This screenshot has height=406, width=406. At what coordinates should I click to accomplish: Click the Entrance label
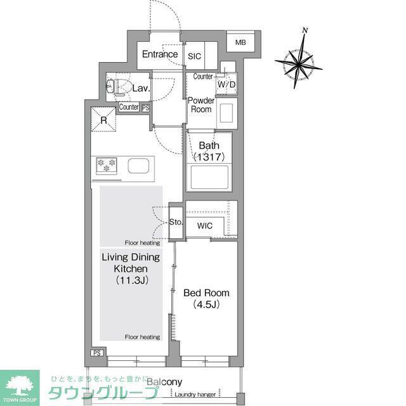click(x=160, y=54)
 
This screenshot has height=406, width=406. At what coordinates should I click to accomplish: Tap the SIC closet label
click(x=194, y=56)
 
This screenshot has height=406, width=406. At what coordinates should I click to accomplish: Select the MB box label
click(x=240, y=43)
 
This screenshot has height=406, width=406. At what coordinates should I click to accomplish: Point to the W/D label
click(x=226, y=84)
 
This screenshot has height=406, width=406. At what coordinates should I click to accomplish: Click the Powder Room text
click(x=201, y=105)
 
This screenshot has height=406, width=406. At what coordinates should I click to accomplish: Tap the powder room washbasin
click(x=227, y=113)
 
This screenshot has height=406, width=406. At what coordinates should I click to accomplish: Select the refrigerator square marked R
click(x=103, y=120)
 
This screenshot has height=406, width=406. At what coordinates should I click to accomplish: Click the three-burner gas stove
click(x=107, y=166)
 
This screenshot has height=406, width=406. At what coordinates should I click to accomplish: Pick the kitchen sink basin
click(x=138, y=166)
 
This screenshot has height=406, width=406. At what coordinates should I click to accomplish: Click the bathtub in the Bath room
click(x=209, y=178)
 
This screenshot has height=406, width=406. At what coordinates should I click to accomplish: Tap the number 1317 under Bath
click(x=209, y=157)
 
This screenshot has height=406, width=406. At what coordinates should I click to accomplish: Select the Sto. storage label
click(x=176, y=222)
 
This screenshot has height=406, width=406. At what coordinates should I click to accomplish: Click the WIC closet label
click(x=204, y=226)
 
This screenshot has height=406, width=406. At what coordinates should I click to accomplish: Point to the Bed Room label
click(x=206, y=293)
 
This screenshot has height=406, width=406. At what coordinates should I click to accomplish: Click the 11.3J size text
click(x=132, y=280)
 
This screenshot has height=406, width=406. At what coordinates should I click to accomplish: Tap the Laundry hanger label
click(x=195, y=395)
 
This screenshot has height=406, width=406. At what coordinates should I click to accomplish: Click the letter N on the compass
click(x=305, y=30)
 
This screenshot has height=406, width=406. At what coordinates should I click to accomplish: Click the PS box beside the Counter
click(x=146, y=108)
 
